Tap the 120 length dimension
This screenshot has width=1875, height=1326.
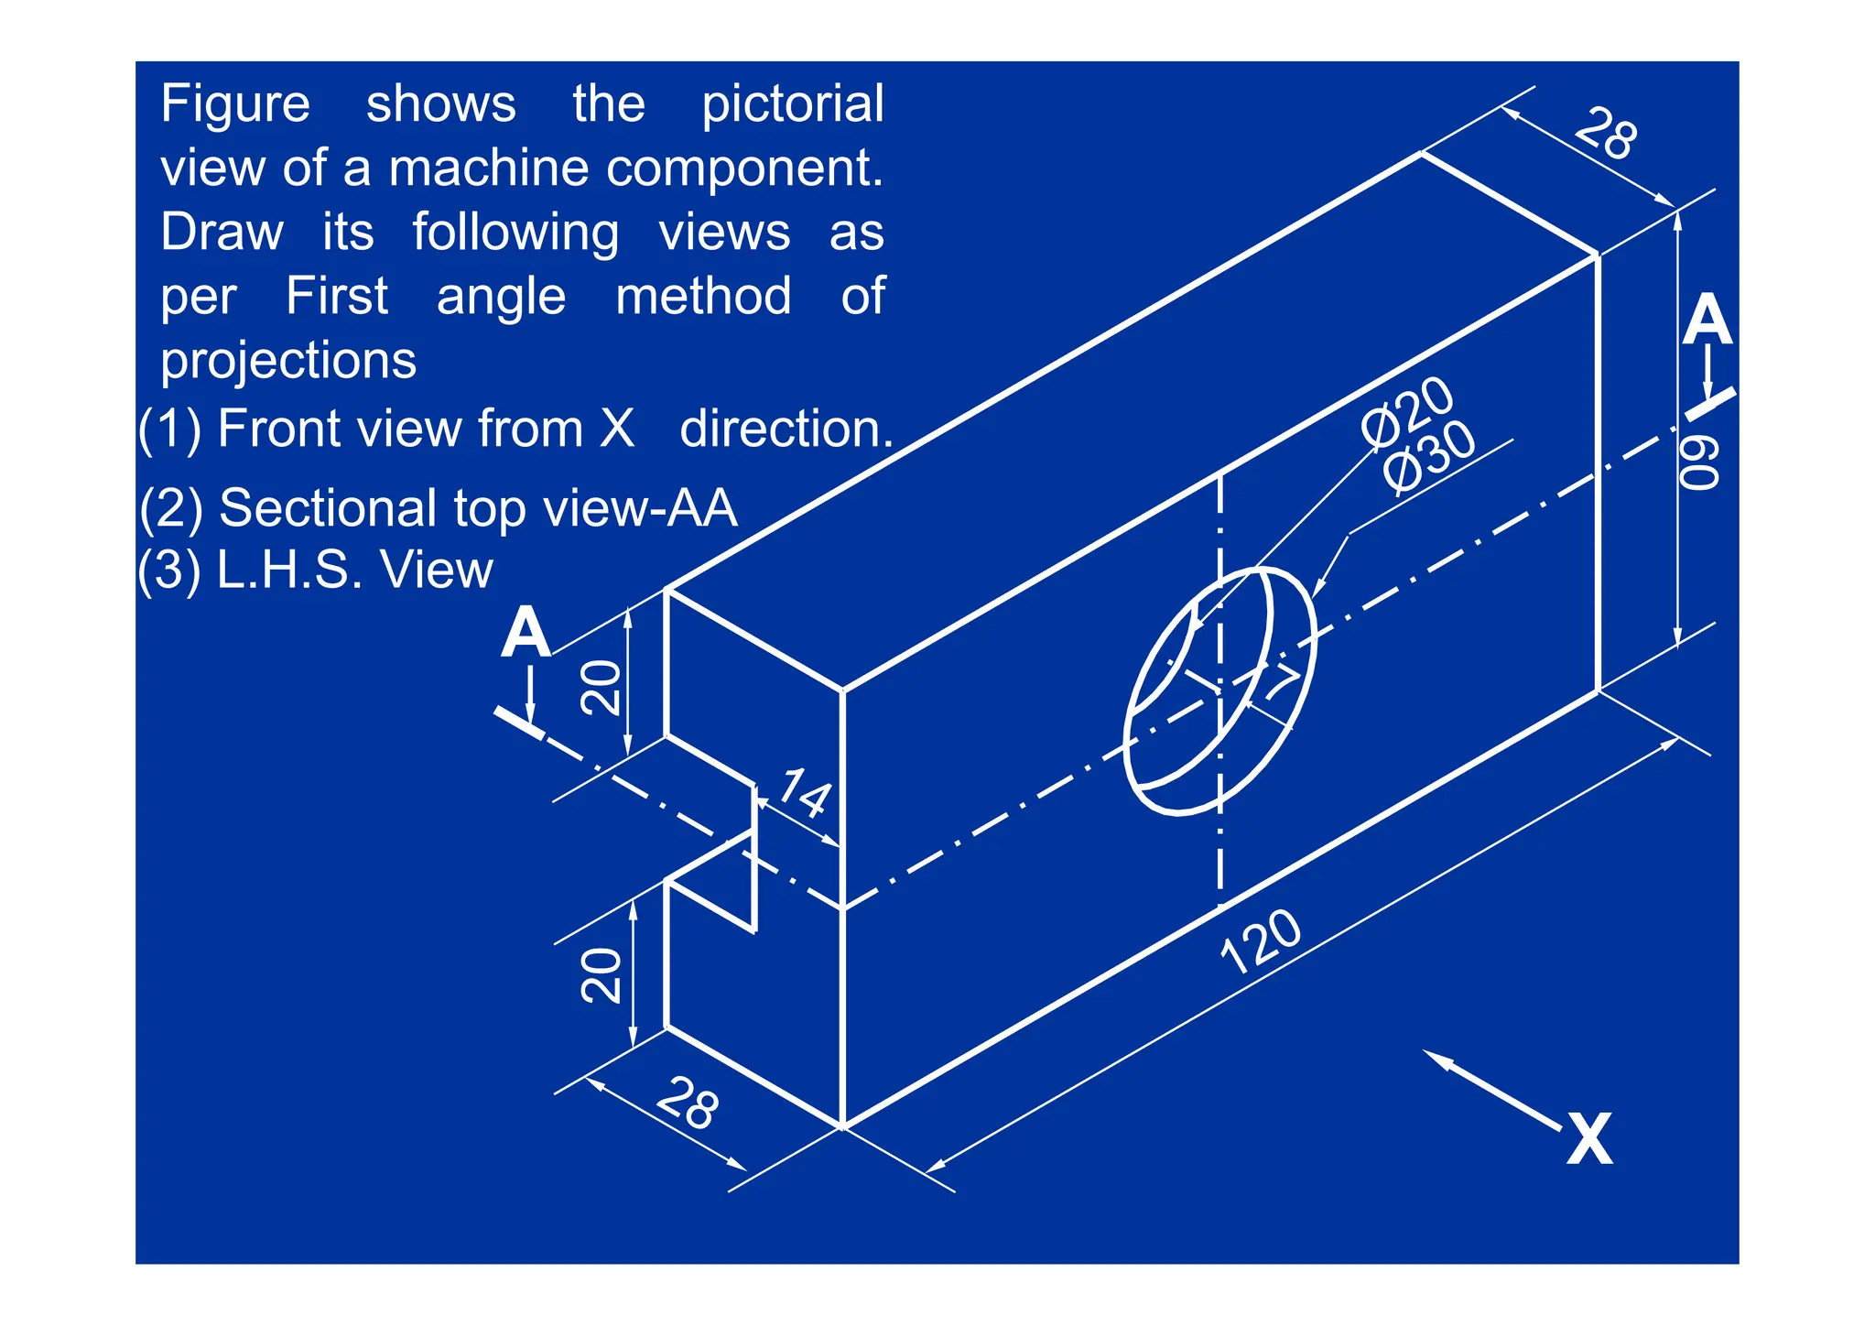pos(1262,942)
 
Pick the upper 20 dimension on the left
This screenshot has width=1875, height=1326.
pos(602,688)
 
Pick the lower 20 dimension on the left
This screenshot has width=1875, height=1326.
pos(602,975)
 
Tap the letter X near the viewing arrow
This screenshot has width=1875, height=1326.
pos(1589,1139)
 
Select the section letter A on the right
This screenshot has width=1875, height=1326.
pos(1707,321)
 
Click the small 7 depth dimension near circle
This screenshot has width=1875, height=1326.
pos(1283,682)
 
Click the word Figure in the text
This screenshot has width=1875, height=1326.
pos(235,103)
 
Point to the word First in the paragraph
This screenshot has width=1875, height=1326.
pos(337,296)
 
